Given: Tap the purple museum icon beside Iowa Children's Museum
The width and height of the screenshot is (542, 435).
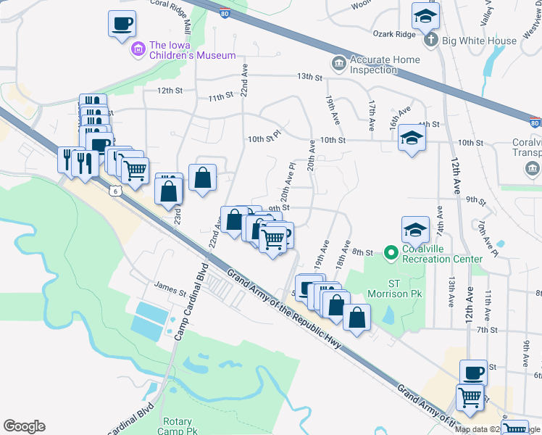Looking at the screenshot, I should click(x=138, y=49).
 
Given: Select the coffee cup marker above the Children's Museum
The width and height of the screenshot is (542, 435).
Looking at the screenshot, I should click(x=121, y=25).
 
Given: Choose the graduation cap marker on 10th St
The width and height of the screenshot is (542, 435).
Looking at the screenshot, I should click(x=412, y=139).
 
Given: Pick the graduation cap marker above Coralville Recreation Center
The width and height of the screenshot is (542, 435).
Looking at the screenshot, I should click(x=415, y=230).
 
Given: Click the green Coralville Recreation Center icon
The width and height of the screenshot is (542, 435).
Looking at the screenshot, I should click(x=391, y=252).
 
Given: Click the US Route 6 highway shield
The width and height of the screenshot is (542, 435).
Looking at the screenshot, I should click(x=115, y=191).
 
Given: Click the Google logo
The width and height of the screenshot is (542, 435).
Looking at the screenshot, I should click(x=24, y=426).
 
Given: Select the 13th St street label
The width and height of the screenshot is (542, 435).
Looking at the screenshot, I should click(x=309, y=77).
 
